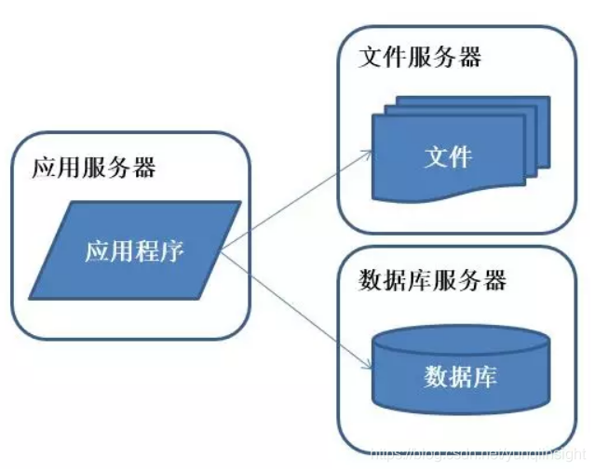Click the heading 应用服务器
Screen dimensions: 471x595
94,168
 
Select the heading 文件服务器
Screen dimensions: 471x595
420,57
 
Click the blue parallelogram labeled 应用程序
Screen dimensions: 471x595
136,250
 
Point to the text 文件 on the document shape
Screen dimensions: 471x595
448,156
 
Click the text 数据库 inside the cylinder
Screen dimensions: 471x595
461,377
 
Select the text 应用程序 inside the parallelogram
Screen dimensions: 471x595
135,251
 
